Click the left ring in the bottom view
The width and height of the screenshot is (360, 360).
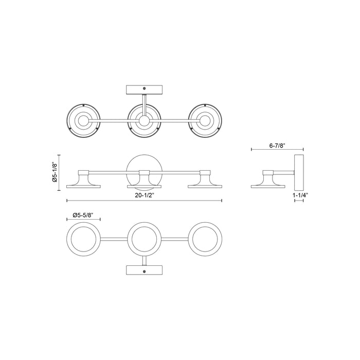click(x=84, y=239)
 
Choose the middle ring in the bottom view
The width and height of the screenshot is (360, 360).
click(x=145, y=239)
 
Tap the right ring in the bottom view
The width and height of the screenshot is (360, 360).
click(x=206, y=239)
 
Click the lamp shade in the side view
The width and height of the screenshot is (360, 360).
click(x=269, y=181)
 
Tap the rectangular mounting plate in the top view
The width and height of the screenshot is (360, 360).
click(x=145, y=89)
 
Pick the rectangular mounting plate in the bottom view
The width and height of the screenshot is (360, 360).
click(x=145, y=271)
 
